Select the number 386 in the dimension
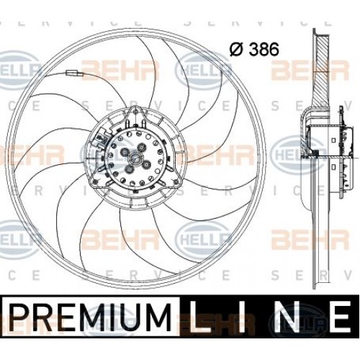(x=264, y=50)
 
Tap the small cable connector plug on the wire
(x=72, y=74)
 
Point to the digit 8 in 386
(x=264, y=50)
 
